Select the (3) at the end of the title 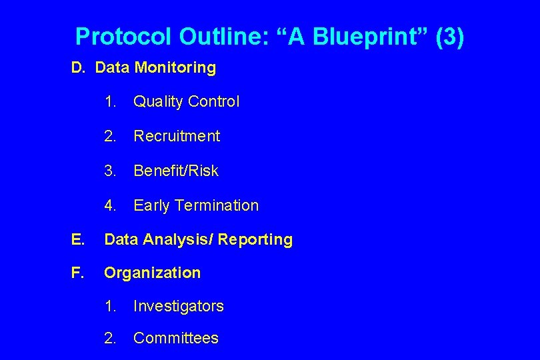coord(449,37)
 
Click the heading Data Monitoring coord(155,67)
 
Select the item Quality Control coord(186,102)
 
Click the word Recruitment coord(177,136)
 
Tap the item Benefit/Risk coord(176,171)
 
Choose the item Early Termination coord(196,205)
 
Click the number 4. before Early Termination coord(111,205)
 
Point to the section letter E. coord(78,239)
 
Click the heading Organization coord(152,273)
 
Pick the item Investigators coord(179,306)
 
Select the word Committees coord(176,338)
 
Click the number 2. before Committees coord(111,338)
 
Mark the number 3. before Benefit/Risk coord(111,171)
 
